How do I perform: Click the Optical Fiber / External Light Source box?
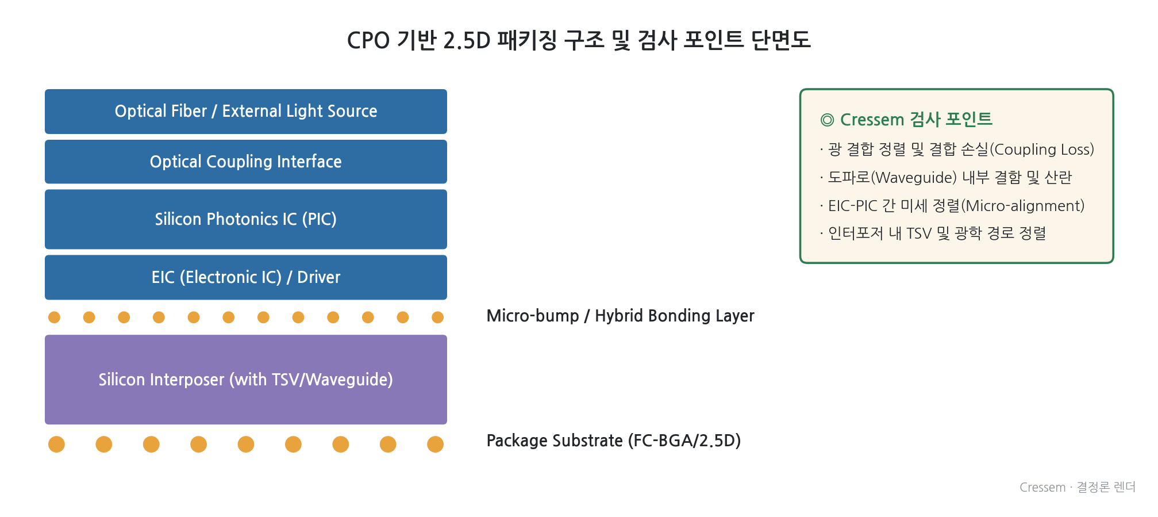(x=246, y=112)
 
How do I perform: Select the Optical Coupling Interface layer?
(x=246, y=162)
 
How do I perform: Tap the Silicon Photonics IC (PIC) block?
(x=246, y=219)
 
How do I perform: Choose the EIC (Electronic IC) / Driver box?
(x=246, y=277)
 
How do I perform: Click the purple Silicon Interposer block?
(x=246, y=380)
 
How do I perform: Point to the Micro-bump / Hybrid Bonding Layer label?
(x=620, y=316)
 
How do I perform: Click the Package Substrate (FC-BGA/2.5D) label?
(x=613, y=441)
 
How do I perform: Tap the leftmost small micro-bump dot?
(x=54, y=317)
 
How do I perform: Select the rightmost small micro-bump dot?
(x=437, y=317)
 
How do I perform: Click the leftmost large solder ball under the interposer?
(x=56, y=445)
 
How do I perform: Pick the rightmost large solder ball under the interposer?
(x=435, y=445)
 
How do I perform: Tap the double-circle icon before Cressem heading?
(x=827, y=120)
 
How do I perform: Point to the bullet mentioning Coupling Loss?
(x=957, y=150)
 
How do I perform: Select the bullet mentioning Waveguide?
(x=946, y=178)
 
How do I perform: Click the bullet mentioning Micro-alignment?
(x=952, y=206)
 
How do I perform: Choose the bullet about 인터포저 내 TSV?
(x=933, y=233)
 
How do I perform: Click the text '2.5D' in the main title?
(x=467, y=41)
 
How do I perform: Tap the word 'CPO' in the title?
(x=368, y=41)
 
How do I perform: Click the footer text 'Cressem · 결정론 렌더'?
(x=1078, y=487)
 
